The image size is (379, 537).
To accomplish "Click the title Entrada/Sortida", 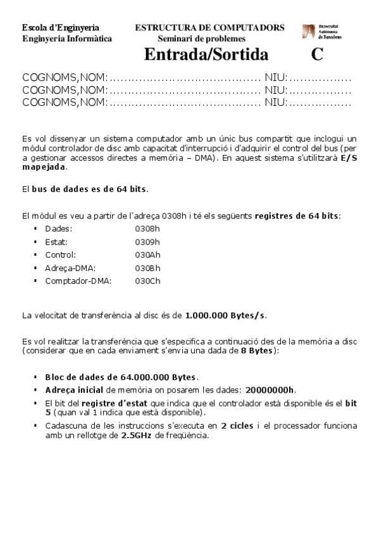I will coord(202,54).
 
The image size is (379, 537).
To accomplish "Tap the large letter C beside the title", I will coord(317,54).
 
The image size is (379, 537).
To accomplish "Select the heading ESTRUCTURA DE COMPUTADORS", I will coord(209,28).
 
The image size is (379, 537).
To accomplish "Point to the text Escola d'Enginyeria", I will coord(60,28).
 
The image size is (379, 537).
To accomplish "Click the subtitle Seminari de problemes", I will coord(202,39).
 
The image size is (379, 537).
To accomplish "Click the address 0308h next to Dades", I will coord(147,228).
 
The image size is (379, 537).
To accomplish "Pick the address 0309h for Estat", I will coord(147,241).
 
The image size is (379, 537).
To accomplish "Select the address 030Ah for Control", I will coord(147,255).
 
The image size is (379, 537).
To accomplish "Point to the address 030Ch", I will coord(147,281).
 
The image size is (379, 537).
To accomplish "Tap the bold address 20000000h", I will coord(270,390).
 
